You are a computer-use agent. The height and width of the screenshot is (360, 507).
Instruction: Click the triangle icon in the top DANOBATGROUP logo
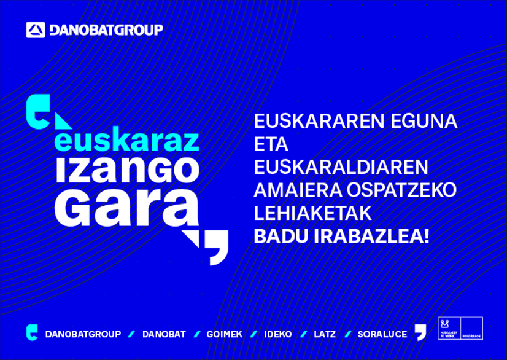(x=36, y=29)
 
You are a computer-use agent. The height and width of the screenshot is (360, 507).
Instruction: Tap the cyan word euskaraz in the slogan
(x=126, y=141)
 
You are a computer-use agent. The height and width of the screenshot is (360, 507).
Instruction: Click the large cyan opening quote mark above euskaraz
(x=37, y=111)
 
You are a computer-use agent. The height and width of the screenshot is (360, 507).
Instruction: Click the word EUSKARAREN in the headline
(x=310, y=121)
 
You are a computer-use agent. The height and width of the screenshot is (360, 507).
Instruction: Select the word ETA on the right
(x=271, y=144)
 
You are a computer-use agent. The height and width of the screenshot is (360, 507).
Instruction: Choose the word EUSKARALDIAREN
(x=341, y=167)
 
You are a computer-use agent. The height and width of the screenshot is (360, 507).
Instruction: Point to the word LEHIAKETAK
(x=312, y=213)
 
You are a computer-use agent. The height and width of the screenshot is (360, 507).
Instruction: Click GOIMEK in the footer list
(x=224, y=334)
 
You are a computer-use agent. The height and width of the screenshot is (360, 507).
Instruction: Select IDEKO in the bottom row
(x=277, y=334)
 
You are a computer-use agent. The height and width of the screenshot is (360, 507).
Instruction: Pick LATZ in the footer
(x=325, y=334)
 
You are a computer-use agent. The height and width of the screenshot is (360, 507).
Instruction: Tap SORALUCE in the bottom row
(x=382, y=334)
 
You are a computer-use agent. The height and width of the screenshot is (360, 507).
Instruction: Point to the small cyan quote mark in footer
(x=32, y=332)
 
